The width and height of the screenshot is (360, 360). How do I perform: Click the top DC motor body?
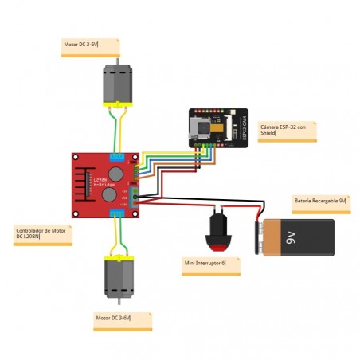click(x=117, y=84)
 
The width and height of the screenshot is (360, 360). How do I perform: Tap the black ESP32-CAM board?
click(x=220, y=127)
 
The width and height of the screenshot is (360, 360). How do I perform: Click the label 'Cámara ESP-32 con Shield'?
click(x=288, y=131)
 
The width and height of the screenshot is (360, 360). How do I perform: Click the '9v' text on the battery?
click(x=291, y=237)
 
